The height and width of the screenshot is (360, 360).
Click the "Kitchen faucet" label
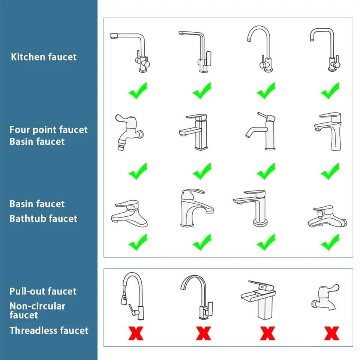(x=43, y=57)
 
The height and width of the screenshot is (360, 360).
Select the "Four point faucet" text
(x=48, y=130)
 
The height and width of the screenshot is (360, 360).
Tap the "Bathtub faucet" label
(x=43, y=218)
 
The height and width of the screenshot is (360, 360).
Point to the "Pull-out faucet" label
(x=43, y=291)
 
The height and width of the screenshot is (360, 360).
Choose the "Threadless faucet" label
(x=49, y=330)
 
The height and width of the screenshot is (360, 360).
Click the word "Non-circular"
(x=37, y=306)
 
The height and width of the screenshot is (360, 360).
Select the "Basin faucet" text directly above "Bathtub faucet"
(x=37, y=204)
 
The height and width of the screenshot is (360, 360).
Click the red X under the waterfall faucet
(x=267, y=333)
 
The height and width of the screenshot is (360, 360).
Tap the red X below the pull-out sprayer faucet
(x=136, y=333)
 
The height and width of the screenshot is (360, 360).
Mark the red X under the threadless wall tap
(x=331, y=333)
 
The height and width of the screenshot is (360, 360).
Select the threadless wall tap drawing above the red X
(x=324, y=298)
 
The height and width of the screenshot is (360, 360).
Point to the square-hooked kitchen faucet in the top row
(x=324, y=49)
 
